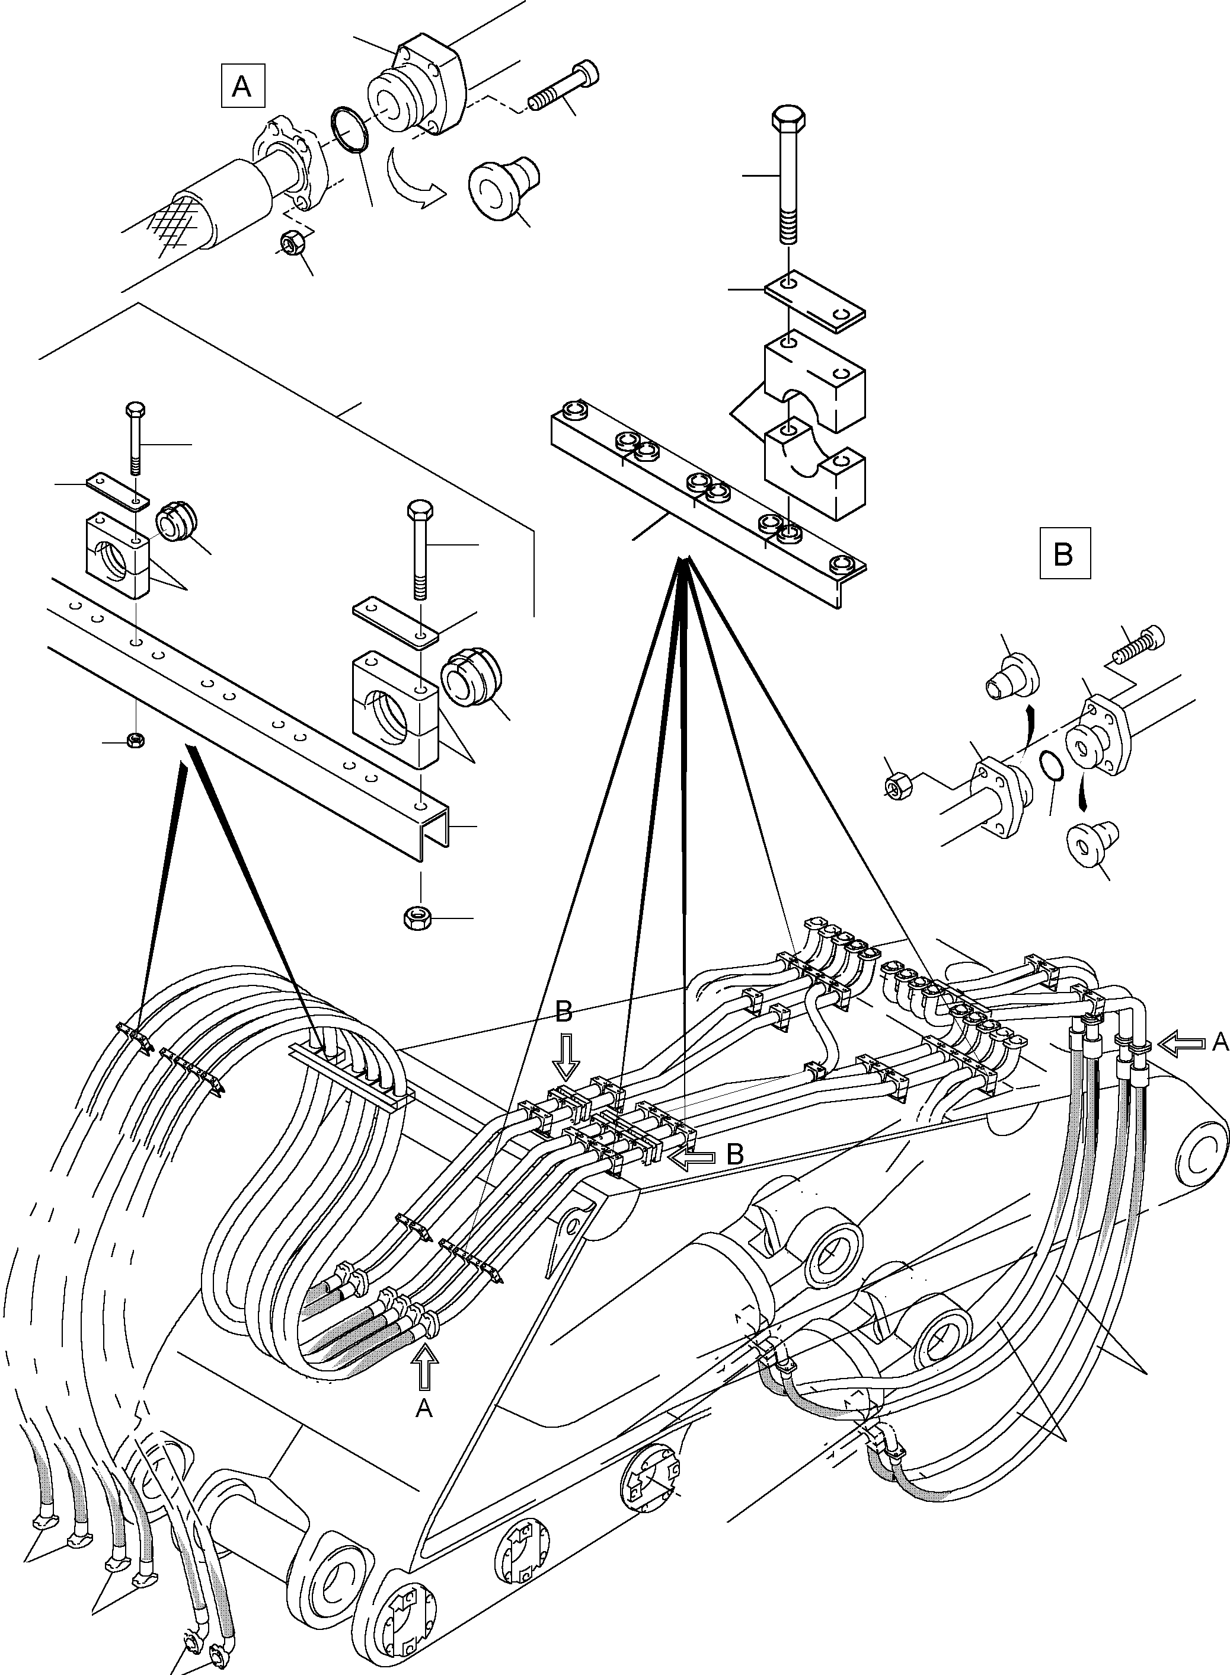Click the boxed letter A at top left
click(x=242, y=87)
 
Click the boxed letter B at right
click(x=1064, y=553)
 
